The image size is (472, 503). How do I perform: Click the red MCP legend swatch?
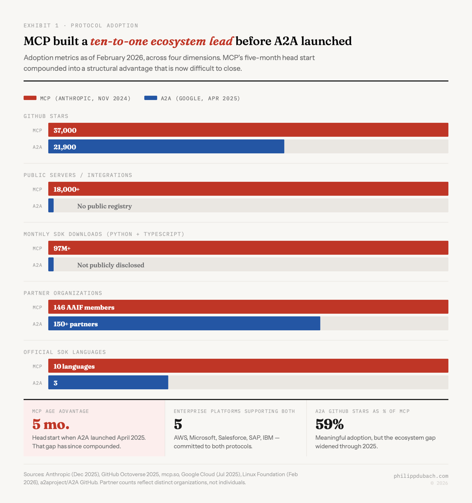(30, 98)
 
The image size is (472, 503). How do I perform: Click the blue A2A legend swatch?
(151, 98)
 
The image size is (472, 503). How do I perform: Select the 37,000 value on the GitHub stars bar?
(65, 130)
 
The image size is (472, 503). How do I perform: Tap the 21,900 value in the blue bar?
(65, 147)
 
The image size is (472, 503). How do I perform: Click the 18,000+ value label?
(66, 189)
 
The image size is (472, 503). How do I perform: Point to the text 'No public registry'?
(104, 206)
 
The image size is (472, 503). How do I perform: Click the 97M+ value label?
(62, 248)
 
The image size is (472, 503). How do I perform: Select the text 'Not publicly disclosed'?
(111, 265)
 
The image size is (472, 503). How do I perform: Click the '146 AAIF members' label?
(84, 307)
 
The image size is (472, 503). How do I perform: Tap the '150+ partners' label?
(76, 324)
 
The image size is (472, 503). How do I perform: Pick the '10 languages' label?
(74, 366)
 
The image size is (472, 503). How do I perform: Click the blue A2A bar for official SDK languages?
(108, 383)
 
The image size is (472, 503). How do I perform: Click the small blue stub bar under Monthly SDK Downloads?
(51, 265)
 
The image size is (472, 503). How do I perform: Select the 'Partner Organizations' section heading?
(63, 293)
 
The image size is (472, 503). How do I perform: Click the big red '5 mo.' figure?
(51, 424)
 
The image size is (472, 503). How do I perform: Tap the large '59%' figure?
(330, 424)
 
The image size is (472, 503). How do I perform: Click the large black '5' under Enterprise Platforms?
(178, 424)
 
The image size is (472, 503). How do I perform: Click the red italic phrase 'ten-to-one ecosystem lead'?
(162, 41)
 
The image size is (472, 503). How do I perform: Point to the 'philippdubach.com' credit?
(421, 476)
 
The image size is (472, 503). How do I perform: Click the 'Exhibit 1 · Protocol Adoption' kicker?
(81, 26)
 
